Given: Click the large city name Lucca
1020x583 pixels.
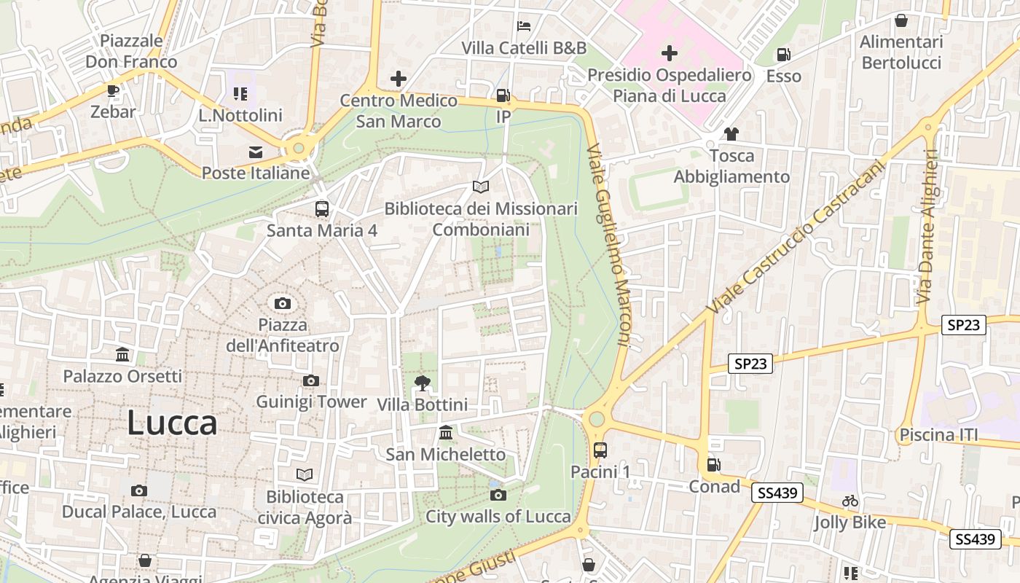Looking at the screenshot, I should pos(172,423).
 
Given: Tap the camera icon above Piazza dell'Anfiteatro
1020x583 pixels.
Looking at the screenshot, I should pos(283,303).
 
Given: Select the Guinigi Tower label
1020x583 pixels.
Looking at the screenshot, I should pos(311,402).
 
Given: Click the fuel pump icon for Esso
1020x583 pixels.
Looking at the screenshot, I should pos(783,55).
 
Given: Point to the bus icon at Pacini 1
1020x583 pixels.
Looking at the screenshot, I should pos(600,450).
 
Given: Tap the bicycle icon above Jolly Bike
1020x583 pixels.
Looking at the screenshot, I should pos(850,501).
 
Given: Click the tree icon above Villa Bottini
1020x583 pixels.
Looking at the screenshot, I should pos(422,383).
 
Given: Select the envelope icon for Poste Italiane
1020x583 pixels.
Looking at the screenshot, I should pos(256,152).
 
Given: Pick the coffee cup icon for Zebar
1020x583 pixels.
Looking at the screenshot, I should pos(113,90).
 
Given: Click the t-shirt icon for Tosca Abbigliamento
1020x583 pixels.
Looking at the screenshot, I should pos(731,134).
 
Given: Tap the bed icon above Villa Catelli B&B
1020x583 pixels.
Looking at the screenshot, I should pos(523,26).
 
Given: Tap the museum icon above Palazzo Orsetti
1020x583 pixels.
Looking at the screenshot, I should pos(122,355).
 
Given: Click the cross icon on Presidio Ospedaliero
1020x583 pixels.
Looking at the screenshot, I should pos(669,53).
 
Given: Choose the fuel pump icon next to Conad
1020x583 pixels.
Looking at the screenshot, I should pos(714,465).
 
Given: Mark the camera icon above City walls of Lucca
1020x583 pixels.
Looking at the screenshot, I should pos(498,495).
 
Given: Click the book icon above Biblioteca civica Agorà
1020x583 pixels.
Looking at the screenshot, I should pos(305,475).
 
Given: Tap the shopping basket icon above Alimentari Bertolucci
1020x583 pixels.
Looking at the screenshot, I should pos(901,20).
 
